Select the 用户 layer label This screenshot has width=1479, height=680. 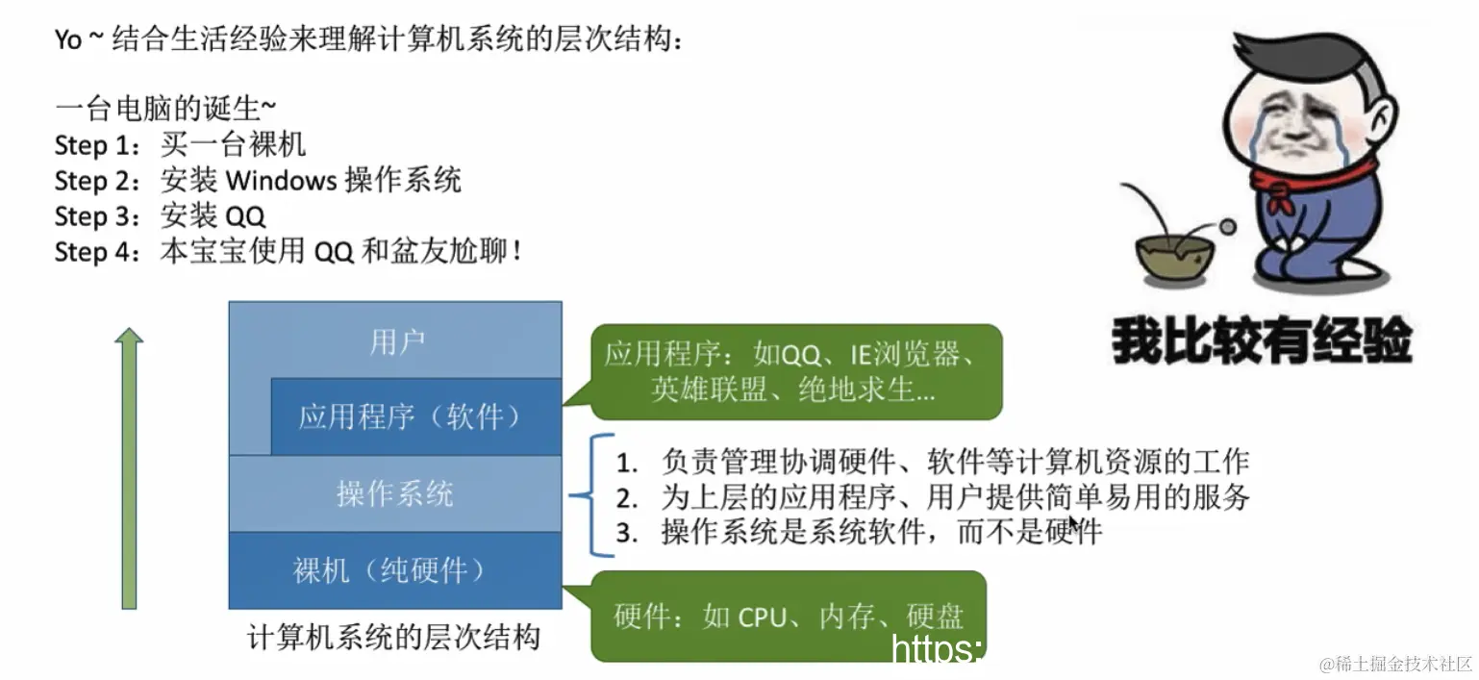396,341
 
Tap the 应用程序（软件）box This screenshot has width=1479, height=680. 415,416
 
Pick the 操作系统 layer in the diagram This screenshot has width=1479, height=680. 395,493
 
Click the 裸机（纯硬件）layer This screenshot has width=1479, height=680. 395,570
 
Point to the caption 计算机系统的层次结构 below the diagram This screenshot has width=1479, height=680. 394,637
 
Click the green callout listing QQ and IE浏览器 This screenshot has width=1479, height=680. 794,371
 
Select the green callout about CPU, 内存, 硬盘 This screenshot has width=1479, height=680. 789,617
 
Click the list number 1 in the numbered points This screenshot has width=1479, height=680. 628,463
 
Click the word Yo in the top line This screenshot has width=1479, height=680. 67,42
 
